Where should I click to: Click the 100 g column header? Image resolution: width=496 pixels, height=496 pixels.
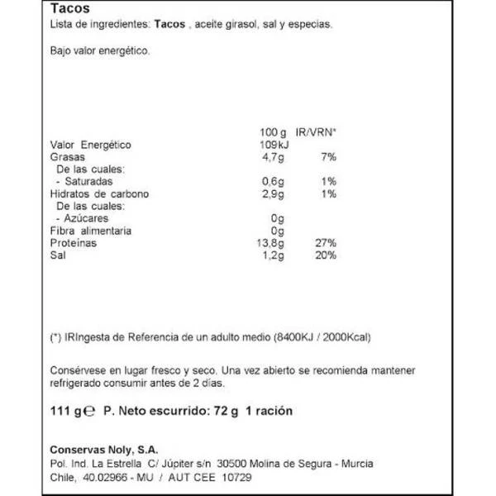[272, 131]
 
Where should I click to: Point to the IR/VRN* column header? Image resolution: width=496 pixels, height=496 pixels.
[316, 131]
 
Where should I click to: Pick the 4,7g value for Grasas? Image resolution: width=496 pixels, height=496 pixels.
[274, 156]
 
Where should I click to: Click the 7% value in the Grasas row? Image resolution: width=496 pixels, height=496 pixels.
[328, 156]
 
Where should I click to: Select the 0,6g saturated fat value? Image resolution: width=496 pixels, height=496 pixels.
[274, 181]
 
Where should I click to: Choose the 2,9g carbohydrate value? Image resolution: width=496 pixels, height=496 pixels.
[274, 193]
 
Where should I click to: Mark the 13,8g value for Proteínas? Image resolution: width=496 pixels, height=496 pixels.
[272, 243]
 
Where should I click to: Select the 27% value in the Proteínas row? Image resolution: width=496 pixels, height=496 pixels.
[325, 243]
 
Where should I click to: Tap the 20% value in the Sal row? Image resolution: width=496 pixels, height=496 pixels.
[325, 255]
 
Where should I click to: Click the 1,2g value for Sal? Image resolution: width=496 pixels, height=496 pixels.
[274, 255]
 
